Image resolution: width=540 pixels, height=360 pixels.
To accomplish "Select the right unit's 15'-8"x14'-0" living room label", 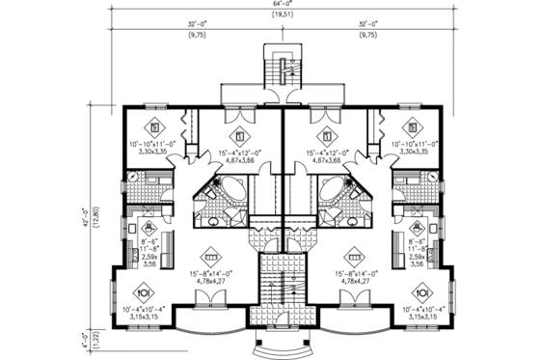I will tap(354, 280).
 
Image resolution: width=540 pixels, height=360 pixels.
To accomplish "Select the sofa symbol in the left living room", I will tap(211, 260).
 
